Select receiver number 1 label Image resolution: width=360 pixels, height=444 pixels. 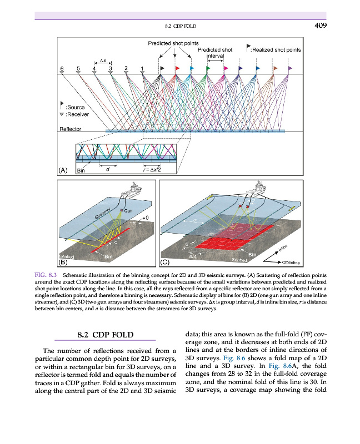pyautogui.click(x=142, y=68)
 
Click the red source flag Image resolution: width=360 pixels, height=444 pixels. pyautogui.click(x=177, y=68)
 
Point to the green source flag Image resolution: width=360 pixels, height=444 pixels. pyautogui.click(x=208, y=68)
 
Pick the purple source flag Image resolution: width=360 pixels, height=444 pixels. pyautogui.click(x=291, y=68)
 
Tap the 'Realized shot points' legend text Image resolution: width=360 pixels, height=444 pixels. pyautogui.click(x=277, y=49)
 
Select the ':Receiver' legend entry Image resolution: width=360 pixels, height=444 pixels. pyautogui.click(x=77, y=114)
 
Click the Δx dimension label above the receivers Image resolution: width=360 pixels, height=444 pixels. pyautogui.click(x=103, y=60)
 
